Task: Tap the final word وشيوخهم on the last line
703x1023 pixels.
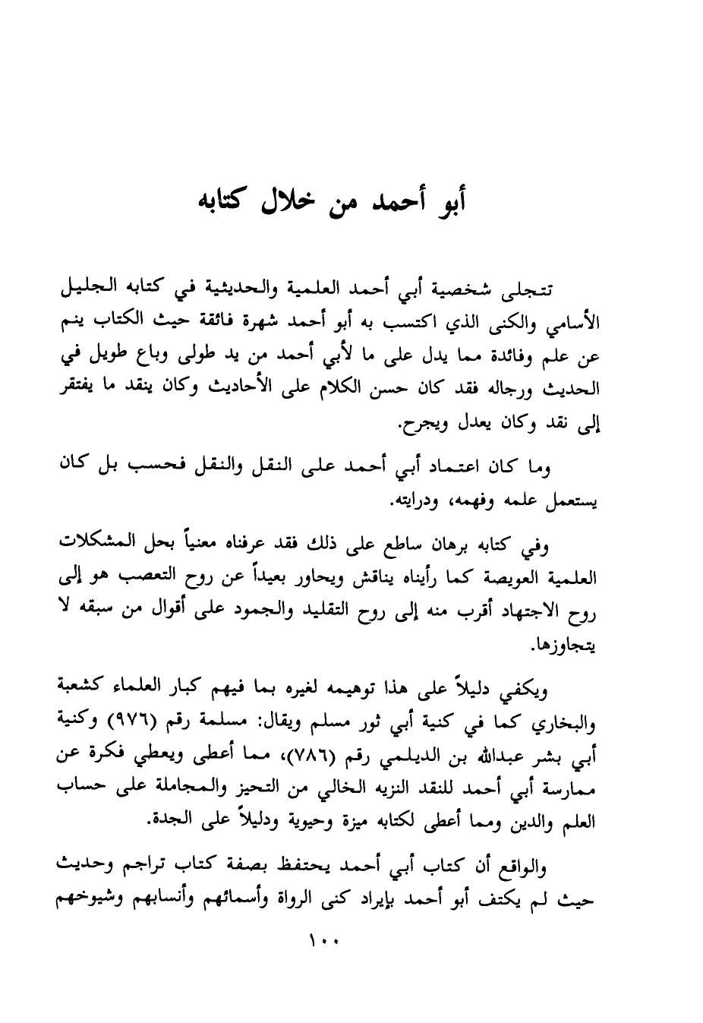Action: tap(90, 900)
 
